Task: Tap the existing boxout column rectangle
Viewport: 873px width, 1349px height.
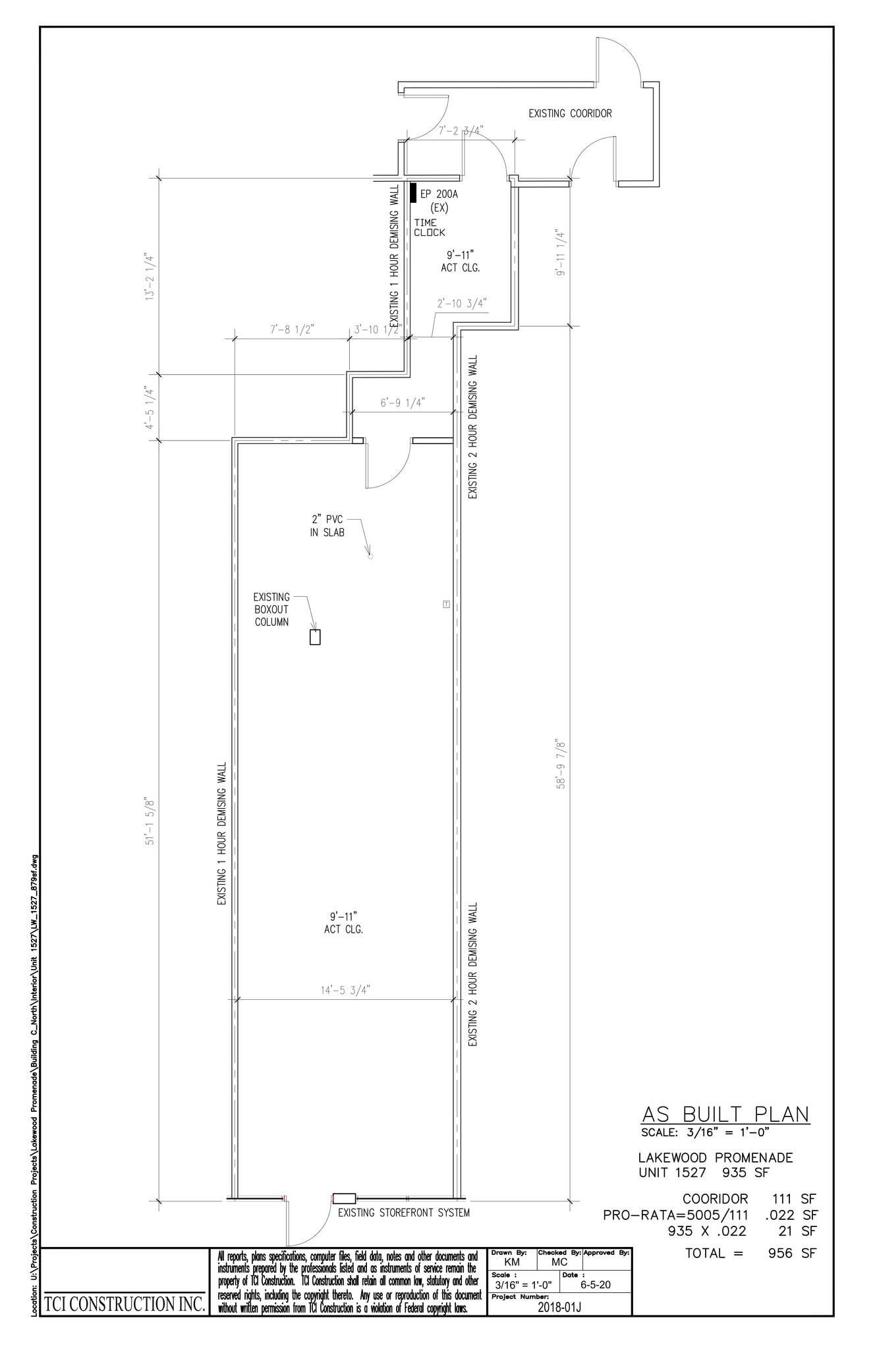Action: (x=315, y=637)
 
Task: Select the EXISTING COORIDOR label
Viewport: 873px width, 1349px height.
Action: (x=570, y=113)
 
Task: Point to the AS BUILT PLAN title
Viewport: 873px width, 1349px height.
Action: (x=725, y=1114)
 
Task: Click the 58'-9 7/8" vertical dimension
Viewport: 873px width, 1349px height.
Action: (x=561, y=763)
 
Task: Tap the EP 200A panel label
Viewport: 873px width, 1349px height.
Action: (x=439, y=194)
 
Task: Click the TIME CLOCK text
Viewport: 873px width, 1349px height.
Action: (x=429, y=227)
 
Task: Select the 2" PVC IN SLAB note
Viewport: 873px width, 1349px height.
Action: (x=327, y=526)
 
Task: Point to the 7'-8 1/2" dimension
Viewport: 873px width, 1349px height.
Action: (x=291, y=330)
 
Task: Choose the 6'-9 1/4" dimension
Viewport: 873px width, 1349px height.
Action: (x=402, y=402)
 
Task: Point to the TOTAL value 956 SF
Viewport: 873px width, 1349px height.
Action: (x=792, y=1253)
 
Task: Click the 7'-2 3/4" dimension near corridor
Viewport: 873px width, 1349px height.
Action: (x=461, y=130)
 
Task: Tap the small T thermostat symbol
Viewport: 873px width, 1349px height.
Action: (x=446, y=603)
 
